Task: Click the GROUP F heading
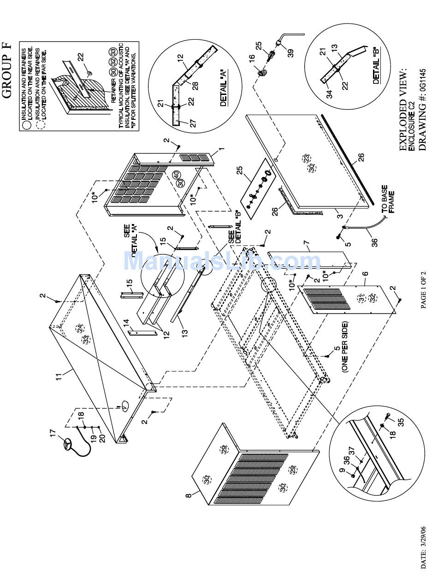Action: pyautogui.click(x=7, y=69)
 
